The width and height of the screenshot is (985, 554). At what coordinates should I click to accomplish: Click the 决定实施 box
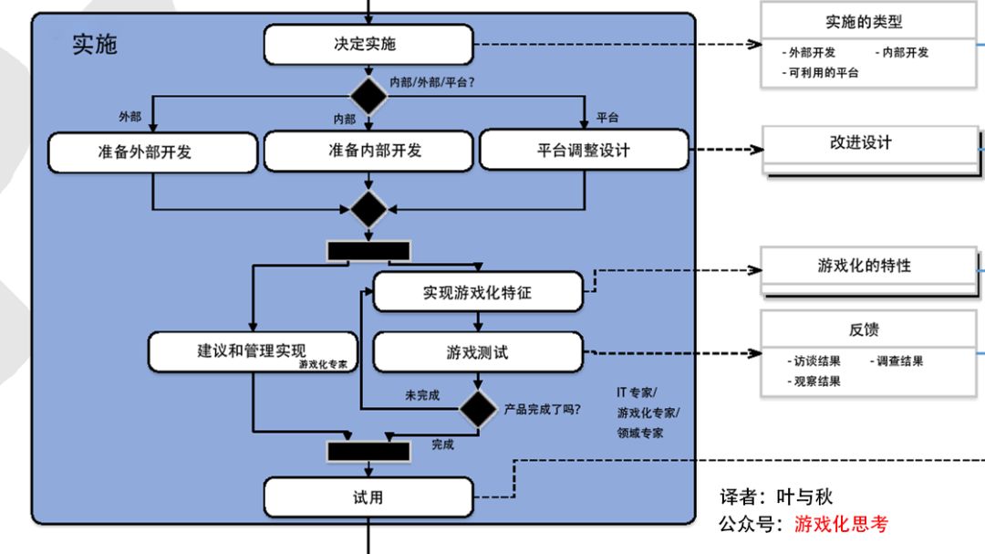coord(368,44)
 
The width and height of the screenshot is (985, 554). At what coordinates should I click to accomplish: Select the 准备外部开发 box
coord(152,152)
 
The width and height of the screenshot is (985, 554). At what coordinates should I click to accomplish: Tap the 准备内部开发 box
coord(368,151)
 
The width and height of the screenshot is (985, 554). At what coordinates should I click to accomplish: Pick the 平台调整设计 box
coord(584,151)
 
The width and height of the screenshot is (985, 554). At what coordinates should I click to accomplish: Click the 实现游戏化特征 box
coord(478,293)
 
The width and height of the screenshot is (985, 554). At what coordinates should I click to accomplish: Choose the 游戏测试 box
coord(478,352)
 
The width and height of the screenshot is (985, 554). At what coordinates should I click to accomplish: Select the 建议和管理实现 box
coord(253,351)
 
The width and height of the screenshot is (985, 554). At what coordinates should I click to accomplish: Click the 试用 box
coord(368,497)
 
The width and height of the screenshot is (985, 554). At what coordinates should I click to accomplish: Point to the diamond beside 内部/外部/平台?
coord(368,95)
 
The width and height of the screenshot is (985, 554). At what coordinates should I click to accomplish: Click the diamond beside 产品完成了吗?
coord(478,408)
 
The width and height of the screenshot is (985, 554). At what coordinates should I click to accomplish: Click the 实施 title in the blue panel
coord(95,44)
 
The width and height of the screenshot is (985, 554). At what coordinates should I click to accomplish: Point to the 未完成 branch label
coord(422,395)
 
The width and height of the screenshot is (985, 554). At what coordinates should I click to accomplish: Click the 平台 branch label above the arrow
coord(607,118)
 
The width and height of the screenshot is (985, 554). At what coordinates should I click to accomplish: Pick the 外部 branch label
coord(130,117)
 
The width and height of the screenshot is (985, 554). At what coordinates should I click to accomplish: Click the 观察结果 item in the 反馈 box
coord(815,382)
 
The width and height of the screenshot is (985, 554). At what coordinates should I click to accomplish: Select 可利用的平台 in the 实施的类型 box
coord(824,72)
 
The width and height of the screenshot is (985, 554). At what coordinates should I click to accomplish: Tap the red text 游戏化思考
coord(840,524)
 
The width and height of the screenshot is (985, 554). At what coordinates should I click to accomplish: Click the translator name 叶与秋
coord(804,497)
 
